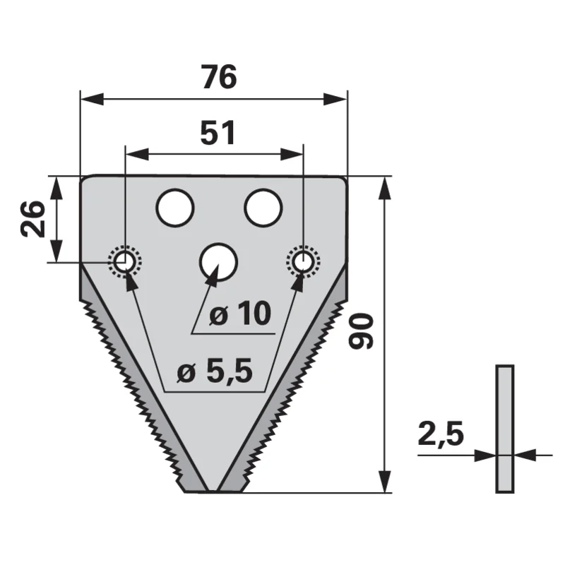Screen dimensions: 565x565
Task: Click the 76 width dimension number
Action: click(220, 77)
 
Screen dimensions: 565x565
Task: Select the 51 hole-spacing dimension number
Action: click(218, 133)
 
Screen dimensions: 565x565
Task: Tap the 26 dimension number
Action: click(33, 219)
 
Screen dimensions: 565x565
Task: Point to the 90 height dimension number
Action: click(361, 331)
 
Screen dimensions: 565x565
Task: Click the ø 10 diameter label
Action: click(240, 314)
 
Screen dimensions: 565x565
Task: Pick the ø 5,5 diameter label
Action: click(215, 371)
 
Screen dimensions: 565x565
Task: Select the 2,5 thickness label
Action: click(441, 434)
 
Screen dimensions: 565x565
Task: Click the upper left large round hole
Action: click(175, 208)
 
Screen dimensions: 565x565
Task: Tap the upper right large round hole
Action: click(263, 208)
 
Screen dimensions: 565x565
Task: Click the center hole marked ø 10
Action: click(218, 262)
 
